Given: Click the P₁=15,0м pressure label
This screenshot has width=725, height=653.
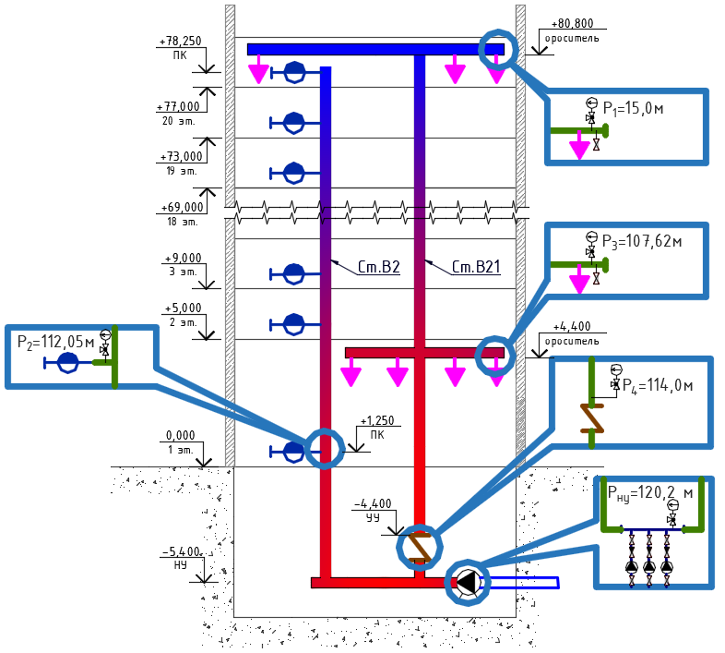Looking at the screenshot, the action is point(633,108).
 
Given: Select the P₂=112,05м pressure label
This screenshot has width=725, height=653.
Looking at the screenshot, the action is point(55,342).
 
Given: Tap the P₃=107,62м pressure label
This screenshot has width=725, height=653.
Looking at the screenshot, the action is point(642,241).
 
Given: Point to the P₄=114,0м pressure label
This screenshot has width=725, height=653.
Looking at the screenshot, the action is point(658,385).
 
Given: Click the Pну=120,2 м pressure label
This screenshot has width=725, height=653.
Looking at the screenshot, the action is point(650,493).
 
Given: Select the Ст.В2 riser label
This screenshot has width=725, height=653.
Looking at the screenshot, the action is point(379,267).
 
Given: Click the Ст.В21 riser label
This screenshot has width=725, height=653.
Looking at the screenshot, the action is point(476,267).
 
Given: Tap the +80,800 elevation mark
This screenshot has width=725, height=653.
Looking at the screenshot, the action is point(572,23).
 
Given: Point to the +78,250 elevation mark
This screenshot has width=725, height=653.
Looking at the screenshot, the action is point(180,42).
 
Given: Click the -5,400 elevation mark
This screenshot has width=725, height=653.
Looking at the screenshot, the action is point(181,551).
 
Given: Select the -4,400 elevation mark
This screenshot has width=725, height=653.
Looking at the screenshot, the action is point(373,503).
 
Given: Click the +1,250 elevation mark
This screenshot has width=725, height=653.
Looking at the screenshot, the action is point(377,420).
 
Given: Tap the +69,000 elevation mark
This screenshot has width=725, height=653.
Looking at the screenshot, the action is point(182,207).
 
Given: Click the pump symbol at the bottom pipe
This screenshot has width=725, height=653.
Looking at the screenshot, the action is point(468,582).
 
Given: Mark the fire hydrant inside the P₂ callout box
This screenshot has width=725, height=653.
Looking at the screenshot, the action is point(68,363).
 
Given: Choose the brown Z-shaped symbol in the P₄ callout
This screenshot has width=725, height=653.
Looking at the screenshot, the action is point(592,418).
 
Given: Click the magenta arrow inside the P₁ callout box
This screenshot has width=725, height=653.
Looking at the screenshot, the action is point(579,144).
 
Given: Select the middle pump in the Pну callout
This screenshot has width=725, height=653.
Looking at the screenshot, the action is point(649,566).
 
